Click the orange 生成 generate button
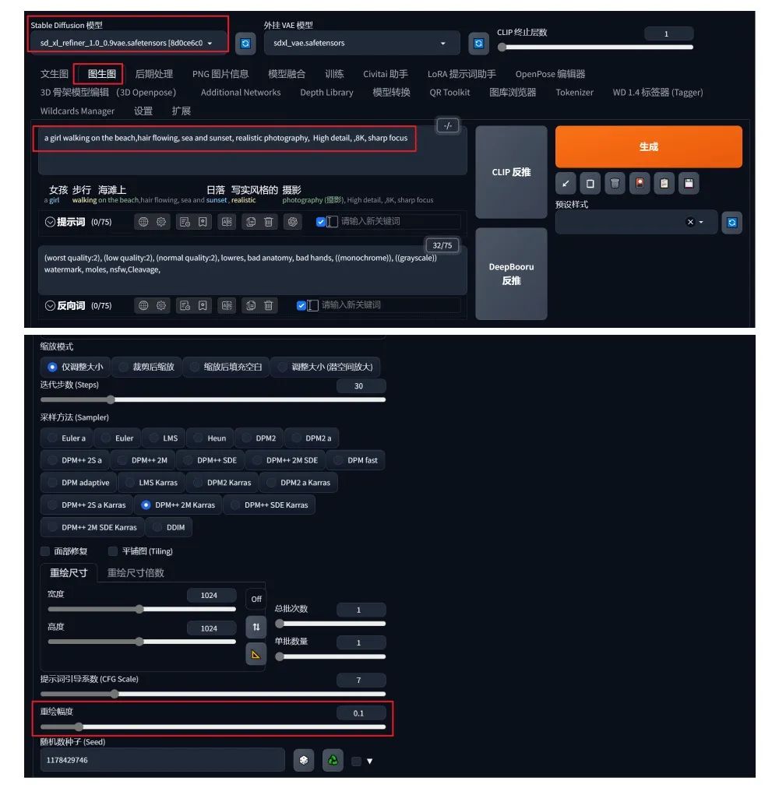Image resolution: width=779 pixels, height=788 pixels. (648, 146)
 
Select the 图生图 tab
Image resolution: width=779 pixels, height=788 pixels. (101, 74)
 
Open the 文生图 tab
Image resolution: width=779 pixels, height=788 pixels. (55, 74)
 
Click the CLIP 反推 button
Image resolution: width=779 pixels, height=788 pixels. (511, 172)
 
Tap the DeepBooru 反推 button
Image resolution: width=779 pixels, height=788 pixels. (511, 273)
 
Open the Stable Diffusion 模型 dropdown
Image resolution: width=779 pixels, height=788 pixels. (126, 44)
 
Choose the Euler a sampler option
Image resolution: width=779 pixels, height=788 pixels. (68, 438)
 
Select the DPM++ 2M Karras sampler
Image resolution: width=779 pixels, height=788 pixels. (178, 505)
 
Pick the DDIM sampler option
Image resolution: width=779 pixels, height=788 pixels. (169, 527)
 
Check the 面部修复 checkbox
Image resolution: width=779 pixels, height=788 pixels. (45, 551)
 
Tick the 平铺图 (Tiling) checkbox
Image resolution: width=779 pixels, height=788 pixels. (113, 551)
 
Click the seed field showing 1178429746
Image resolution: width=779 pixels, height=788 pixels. (163, 760)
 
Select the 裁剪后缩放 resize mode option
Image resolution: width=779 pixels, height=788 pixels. (147, 367)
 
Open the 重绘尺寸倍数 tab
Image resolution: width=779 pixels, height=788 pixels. (136, 573)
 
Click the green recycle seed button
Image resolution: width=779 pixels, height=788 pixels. (333, 761)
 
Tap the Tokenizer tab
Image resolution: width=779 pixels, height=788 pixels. (574, 93)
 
